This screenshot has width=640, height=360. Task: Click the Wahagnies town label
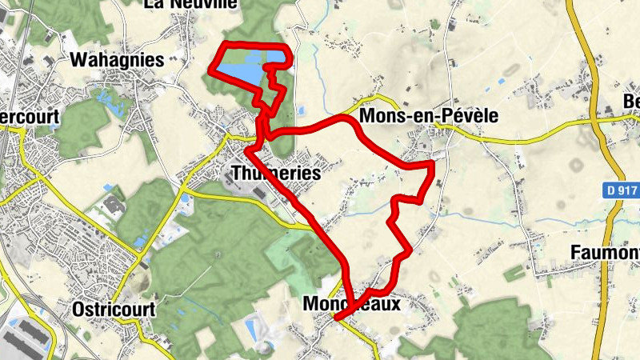117,60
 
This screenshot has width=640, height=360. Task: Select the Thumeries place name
275,174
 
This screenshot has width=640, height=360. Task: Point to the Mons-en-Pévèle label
429,117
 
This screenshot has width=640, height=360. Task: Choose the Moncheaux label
351,305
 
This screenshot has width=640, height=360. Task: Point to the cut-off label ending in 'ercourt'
30,117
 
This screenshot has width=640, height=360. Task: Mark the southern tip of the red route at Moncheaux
336,319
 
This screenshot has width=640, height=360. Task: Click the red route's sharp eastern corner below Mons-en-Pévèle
433,164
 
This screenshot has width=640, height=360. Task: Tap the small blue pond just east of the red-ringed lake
302,110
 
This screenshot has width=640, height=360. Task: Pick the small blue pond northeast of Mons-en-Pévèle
501,81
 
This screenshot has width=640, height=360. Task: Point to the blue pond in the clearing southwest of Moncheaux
255,326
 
